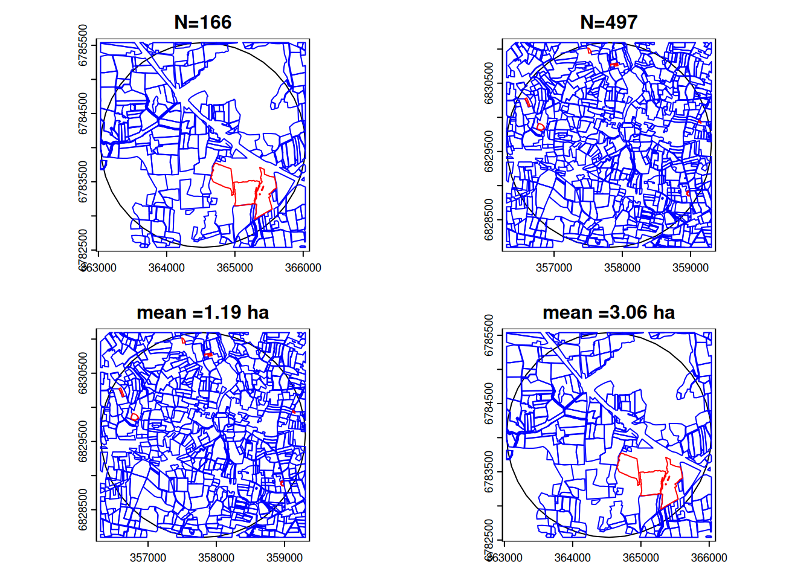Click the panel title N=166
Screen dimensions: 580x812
coord(202,22)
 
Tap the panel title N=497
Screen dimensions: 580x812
coord(608,22)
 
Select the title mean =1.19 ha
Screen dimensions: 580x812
coord(202,312)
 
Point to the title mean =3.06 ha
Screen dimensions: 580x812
coord(608,312)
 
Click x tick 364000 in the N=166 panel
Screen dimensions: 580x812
coord(166,268)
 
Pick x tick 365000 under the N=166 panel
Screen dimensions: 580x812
coord(234,268)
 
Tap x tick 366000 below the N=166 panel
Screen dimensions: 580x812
coord(303,268)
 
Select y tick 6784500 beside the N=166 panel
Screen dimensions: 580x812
coord(83,113)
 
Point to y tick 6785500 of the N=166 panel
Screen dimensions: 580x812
coord(83,45)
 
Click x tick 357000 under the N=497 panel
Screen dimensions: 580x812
coord(553,268)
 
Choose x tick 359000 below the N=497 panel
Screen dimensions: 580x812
coord(690,268)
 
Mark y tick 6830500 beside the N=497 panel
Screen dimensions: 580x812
coord(489,83)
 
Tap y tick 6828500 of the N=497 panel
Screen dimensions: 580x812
coord(489,219)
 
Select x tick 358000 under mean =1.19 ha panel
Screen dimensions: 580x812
coord(216,558)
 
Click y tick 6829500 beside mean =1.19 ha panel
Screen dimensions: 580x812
coord(83,441)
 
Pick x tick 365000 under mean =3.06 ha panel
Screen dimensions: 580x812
coord(640,558)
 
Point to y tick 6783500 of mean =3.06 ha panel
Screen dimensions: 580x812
coord(489,471)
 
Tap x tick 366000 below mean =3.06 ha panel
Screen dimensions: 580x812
coord(709,558)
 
